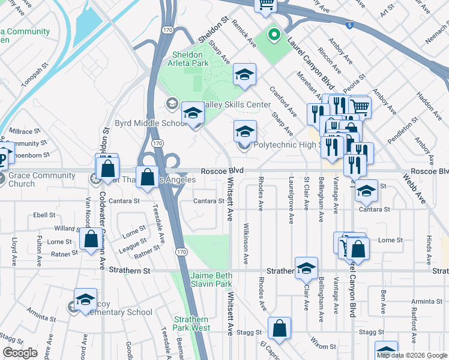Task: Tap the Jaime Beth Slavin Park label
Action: click(x=211, y=279)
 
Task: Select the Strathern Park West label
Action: click(x=191, y=323)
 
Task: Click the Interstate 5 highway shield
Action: click(x=349, y=25)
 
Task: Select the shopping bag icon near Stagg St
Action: click(x=280, y=328)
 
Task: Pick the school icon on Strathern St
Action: click(x=306, y=268)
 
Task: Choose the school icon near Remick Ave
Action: click(x=244, y=74)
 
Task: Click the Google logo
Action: click(x=20, y=353)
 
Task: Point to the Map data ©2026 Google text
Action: click(x=411, y=355)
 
